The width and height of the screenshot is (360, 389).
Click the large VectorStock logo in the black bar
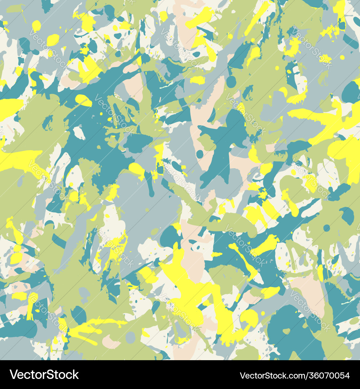tap(44, 375)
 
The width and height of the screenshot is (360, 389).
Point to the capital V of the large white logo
tap(14, 375)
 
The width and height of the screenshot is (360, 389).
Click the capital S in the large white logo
tap(48, 375)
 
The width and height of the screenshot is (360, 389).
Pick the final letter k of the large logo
tap(75, 375)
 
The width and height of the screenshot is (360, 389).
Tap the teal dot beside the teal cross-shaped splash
tap(199, 154)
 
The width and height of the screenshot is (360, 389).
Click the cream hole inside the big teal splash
tap(79, 133)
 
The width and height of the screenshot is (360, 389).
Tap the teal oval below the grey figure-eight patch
tap(79, 315)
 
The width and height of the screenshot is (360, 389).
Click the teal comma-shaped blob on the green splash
tap(348, 215)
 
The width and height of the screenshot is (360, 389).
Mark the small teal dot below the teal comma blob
tap(327, 228)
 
